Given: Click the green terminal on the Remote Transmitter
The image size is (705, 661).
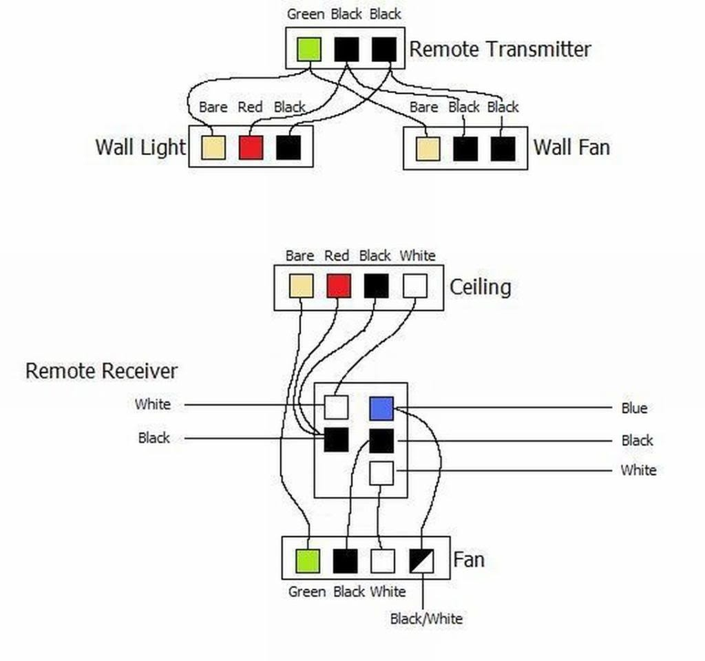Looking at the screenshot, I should (x=309, y=49).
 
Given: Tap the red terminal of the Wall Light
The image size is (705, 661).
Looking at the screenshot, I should (x=251, y=147).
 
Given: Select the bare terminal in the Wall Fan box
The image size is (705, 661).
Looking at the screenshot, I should (x=428, y=148).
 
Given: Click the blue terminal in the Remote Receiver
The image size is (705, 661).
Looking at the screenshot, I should (x=381, y=408).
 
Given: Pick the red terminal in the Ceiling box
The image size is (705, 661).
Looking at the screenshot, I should (x=339, y=286).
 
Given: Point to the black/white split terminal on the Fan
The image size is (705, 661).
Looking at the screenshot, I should (x=421, y=561).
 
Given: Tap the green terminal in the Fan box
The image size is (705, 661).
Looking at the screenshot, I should (x=307, y=561).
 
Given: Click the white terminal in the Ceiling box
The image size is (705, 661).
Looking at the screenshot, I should (x=414, y=286).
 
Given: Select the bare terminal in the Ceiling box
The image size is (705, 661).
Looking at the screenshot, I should (x=301, y=286).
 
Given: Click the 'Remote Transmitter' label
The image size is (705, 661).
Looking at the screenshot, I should (x=500, y=50).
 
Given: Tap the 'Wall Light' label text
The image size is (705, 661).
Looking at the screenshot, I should (x=140, y=147).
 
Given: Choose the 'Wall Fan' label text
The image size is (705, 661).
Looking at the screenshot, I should (x=571, y=147).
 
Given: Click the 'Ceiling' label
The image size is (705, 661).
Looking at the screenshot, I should (x=480, y=286).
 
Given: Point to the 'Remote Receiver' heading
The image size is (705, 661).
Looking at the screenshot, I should (x=101, y=371).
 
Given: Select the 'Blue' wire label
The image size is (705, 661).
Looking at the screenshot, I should (x=634, y=408).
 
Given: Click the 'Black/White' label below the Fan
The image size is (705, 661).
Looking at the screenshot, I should (x=426, y=618).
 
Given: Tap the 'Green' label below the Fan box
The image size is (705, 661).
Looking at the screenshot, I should (x=307, y=591).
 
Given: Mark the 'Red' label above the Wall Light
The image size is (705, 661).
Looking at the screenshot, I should (x=250, y=107).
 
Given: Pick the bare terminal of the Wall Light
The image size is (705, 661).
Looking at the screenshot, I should (x=213, y=147).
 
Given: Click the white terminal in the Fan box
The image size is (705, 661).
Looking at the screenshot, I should (x=383, y=561).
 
